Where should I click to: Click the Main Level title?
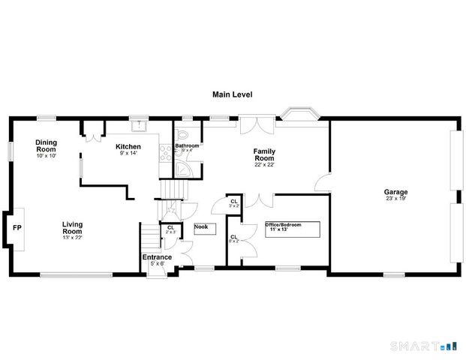point(233,95)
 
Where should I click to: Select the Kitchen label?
point(128,146)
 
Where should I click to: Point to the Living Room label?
point(72,227)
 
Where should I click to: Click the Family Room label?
point(263,154)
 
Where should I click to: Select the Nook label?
point(201,226)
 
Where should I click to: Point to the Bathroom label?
point(188,145)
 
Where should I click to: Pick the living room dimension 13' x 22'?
point(72,238)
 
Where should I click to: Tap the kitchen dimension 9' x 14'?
point(128,154)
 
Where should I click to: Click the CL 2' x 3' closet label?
point(171,229)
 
